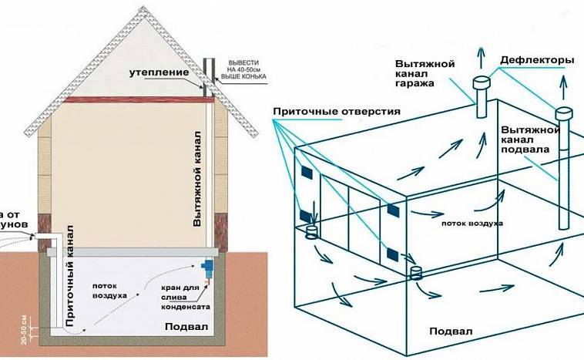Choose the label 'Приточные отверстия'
coord(336,112)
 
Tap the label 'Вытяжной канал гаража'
coord(425,72)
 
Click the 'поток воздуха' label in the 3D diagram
coord(472,223)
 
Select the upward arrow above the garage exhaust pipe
coord(482,58)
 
